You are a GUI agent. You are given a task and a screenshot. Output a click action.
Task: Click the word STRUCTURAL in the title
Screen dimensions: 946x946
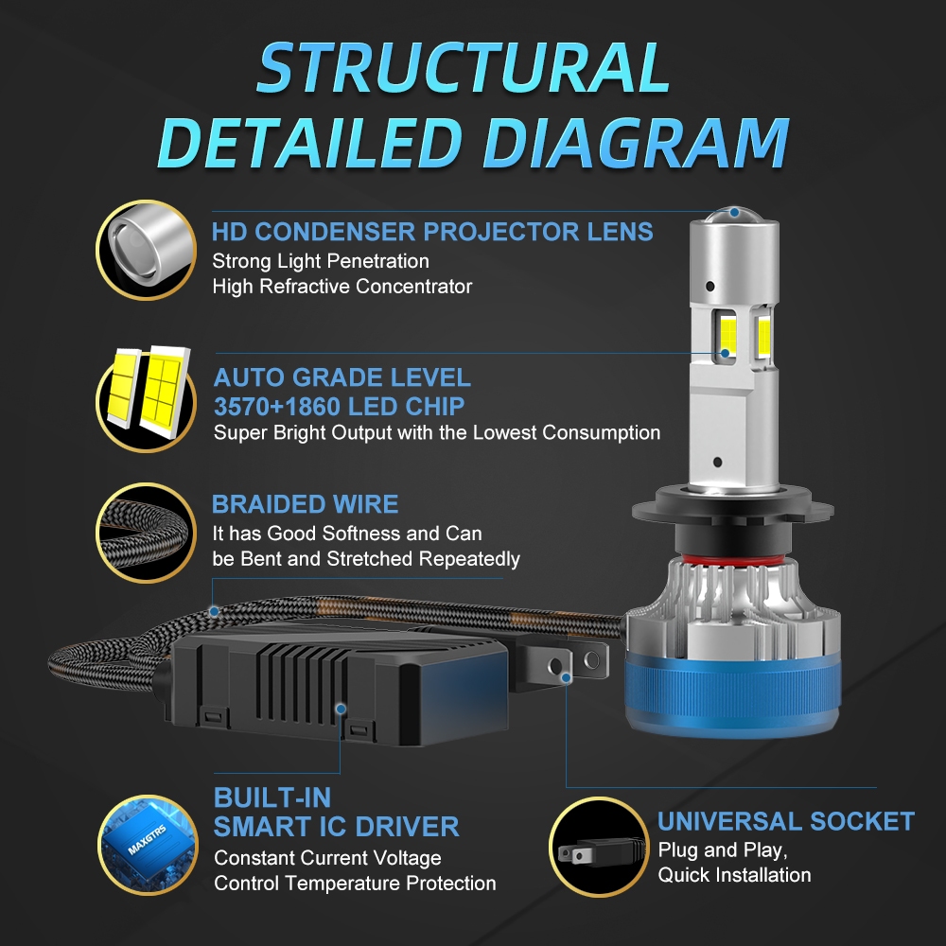pos(464,67)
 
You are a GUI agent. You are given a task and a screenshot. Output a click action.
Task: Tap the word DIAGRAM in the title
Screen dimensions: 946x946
pos(636,143)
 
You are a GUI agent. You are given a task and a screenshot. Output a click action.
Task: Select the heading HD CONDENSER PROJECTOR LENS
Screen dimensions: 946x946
pos(432,232)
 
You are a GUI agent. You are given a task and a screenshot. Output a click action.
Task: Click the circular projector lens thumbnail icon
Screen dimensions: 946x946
pos(146,250)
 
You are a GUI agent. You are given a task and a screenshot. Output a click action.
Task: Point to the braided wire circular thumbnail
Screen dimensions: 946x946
pos(146,533)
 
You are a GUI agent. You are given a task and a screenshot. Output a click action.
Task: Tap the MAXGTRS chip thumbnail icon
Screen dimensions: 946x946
pos(148,845)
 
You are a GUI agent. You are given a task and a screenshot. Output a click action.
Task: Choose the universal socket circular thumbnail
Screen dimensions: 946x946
pos(599,847)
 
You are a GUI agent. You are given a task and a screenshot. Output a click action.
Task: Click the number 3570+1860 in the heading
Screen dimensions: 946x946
pos(279,407)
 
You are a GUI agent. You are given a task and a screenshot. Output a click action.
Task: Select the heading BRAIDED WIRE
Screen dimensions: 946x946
pos(305,504)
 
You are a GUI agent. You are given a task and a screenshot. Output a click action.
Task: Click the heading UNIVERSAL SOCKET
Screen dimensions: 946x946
pos(785,821)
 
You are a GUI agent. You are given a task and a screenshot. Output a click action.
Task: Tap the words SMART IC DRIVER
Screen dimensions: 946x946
pos(336,827)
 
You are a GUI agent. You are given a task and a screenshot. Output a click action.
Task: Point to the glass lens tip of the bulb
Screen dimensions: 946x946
pos(734,214)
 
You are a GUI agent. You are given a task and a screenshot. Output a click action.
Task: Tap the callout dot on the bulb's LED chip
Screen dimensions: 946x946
pos(726,354)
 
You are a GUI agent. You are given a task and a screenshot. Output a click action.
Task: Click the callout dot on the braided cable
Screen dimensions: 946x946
pos(214,611)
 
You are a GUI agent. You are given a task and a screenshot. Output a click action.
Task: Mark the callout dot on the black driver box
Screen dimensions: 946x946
pos(341,709)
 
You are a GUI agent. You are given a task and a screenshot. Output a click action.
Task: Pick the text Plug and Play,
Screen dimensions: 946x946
pos(723,850)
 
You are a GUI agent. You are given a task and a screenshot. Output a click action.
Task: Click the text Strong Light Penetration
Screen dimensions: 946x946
pos(321,261)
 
